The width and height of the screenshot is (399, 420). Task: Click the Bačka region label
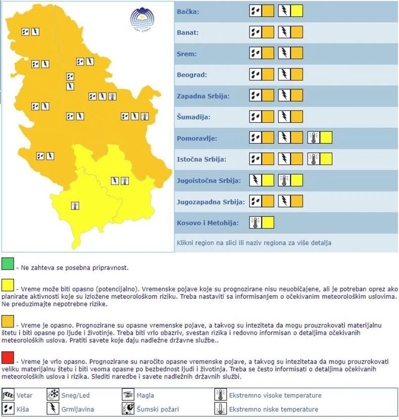(188, 12)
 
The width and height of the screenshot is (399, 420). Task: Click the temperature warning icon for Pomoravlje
(314, 137)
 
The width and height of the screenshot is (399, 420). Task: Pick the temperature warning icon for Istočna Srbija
(314, 159)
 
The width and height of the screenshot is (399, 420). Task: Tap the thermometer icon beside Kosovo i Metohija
(256, 222)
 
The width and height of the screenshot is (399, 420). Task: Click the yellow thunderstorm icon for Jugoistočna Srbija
(256, 180)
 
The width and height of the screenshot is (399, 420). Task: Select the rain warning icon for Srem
(256, 54)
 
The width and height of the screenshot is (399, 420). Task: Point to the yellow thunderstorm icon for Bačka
(285, 11)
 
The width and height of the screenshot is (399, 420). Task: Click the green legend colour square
(8, 264)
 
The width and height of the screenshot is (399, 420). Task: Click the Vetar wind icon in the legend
(8, 395)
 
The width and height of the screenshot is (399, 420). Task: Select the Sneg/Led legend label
(75, 395)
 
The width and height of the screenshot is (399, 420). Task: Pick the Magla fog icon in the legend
(128, 395)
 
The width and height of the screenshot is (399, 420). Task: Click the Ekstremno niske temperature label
(274, 409)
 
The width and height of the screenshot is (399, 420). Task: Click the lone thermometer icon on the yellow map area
(75, 205)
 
